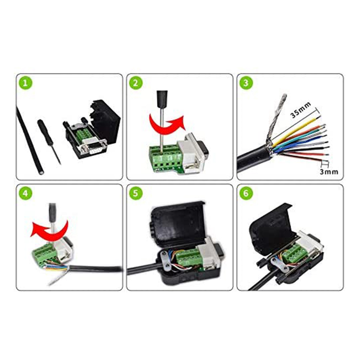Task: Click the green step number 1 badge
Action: click(25, 84)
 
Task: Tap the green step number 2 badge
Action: click(135, 84)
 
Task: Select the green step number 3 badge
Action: click(246, 84)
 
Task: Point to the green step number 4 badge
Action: click(25, 194)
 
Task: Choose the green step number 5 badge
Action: click(135, 194)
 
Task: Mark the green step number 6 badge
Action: click(246, 194)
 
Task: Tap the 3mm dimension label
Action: click(329, 172)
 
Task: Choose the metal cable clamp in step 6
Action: click(279, 265)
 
